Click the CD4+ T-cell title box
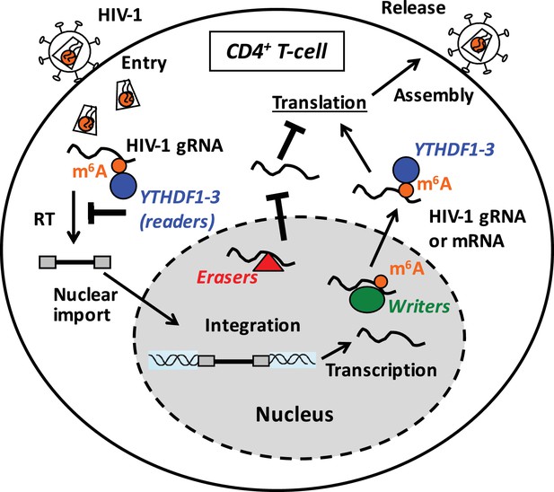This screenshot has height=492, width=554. (277, 51)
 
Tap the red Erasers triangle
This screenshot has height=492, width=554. (268, 262)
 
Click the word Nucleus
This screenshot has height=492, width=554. (295, 414)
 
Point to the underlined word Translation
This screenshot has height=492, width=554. (320, 102)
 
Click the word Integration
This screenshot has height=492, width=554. (252, 325)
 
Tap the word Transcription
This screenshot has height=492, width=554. (382, 371)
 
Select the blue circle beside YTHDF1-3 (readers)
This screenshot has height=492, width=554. (123, 186)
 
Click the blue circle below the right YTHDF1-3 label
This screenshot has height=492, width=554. (406, 170)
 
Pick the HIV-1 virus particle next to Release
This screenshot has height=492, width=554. (479, 44)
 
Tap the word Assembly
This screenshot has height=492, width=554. (434, 95)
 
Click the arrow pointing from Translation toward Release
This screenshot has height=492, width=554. (396, 77)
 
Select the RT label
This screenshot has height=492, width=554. (44, 219)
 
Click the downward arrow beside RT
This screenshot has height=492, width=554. (74, 217)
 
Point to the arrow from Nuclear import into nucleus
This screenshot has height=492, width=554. (141, 298)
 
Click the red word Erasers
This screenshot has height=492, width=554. (227, 277)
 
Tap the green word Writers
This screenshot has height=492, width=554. (419, 306)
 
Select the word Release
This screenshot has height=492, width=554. (413, 8)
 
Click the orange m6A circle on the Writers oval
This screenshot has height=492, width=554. (381, 282)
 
